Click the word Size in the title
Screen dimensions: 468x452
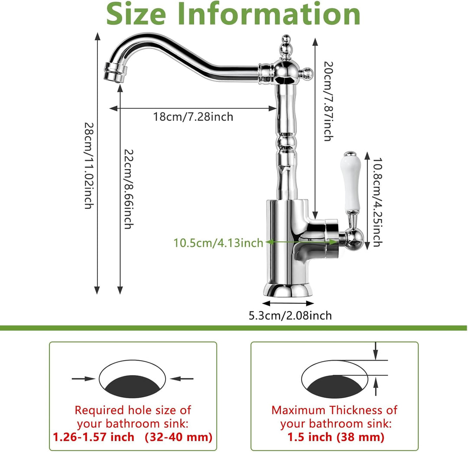click(136, 14)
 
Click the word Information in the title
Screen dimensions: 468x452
click(269, 14)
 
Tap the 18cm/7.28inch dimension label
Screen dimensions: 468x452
click(193, 117)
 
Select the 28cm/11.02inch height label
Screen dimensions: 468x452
click(89, 166)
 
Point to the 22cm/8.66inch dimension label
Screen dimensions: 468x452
click(129, 189)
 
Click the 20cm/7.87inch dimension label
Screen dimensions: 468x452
click(328, 101)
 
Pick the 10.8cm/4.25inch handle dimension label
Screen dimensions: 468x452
click(377, 202)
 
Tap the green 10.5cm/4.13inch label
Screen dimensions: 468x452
click(218, 243)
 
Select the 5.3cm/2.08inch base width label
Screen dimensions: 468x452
click(290, 315)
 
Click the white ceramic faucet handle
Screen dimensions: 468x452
click(351, 182)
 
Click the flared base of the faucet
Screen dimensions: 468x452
click(288, 289)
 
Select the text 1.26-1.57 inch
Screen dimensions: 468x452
click(94, 437)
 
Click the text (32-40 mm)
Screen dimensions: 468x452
click(179, 437)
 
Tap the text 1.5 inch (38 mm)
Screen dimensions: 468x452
click(336, 437)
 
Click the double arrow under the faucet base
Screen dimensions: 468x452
click(288, 304)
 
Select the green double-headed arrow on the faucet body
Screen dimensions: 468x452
click(302, 241)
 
